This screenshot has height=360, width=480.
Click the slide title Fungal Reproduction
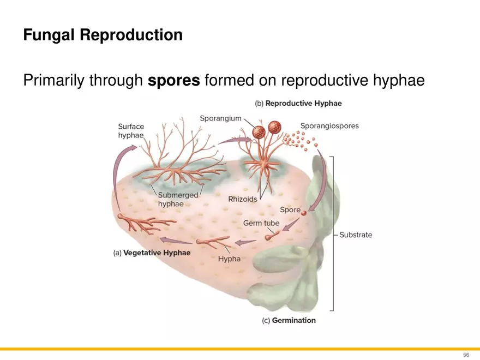point(103,35)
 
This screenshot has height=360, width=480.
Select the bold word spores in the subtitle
point(175,81)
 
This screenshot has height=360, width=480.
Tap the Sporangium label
point(220,118)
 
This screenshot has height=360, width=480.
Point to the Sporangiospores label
point(329,126)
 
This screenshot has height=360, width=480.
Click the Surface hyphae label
point(131,131)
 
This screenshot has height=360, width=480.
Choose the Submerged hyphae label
point(178,199)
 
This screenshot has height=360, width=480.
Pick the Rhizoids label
point(242,199)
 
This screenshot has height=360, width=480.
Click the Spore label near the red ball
point(290,209)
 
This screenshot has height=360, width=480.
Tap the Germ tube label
point(261,223)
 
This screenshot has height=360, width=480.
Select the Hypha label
point(229,259)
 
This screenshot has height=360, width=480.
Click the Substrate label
point(356,235)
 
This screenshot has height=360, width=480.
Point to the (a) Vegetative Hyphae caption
point(152,253)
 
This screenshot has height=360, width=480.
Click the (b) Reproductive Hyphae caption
point(298,103)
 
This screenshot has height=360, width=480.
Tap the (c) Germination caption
point(289,320)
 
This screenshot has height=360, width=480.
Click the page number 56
point(466,355)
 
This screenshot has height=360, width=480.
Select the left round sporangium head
point(259,131)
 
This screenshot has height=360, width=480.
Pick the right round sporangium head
point(274,127)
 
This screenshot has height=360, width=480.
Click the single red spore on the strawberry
point(304,213)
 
